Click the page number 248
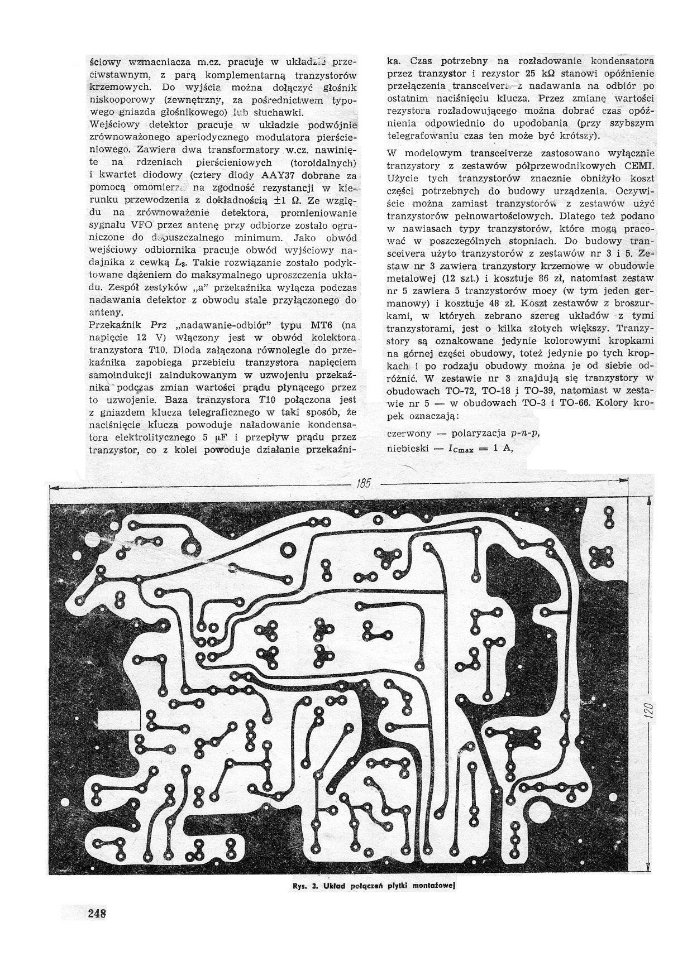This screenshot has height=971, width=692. (x=97, y=914)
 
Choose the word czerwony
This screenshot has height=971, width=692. (x=409, y=434)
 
